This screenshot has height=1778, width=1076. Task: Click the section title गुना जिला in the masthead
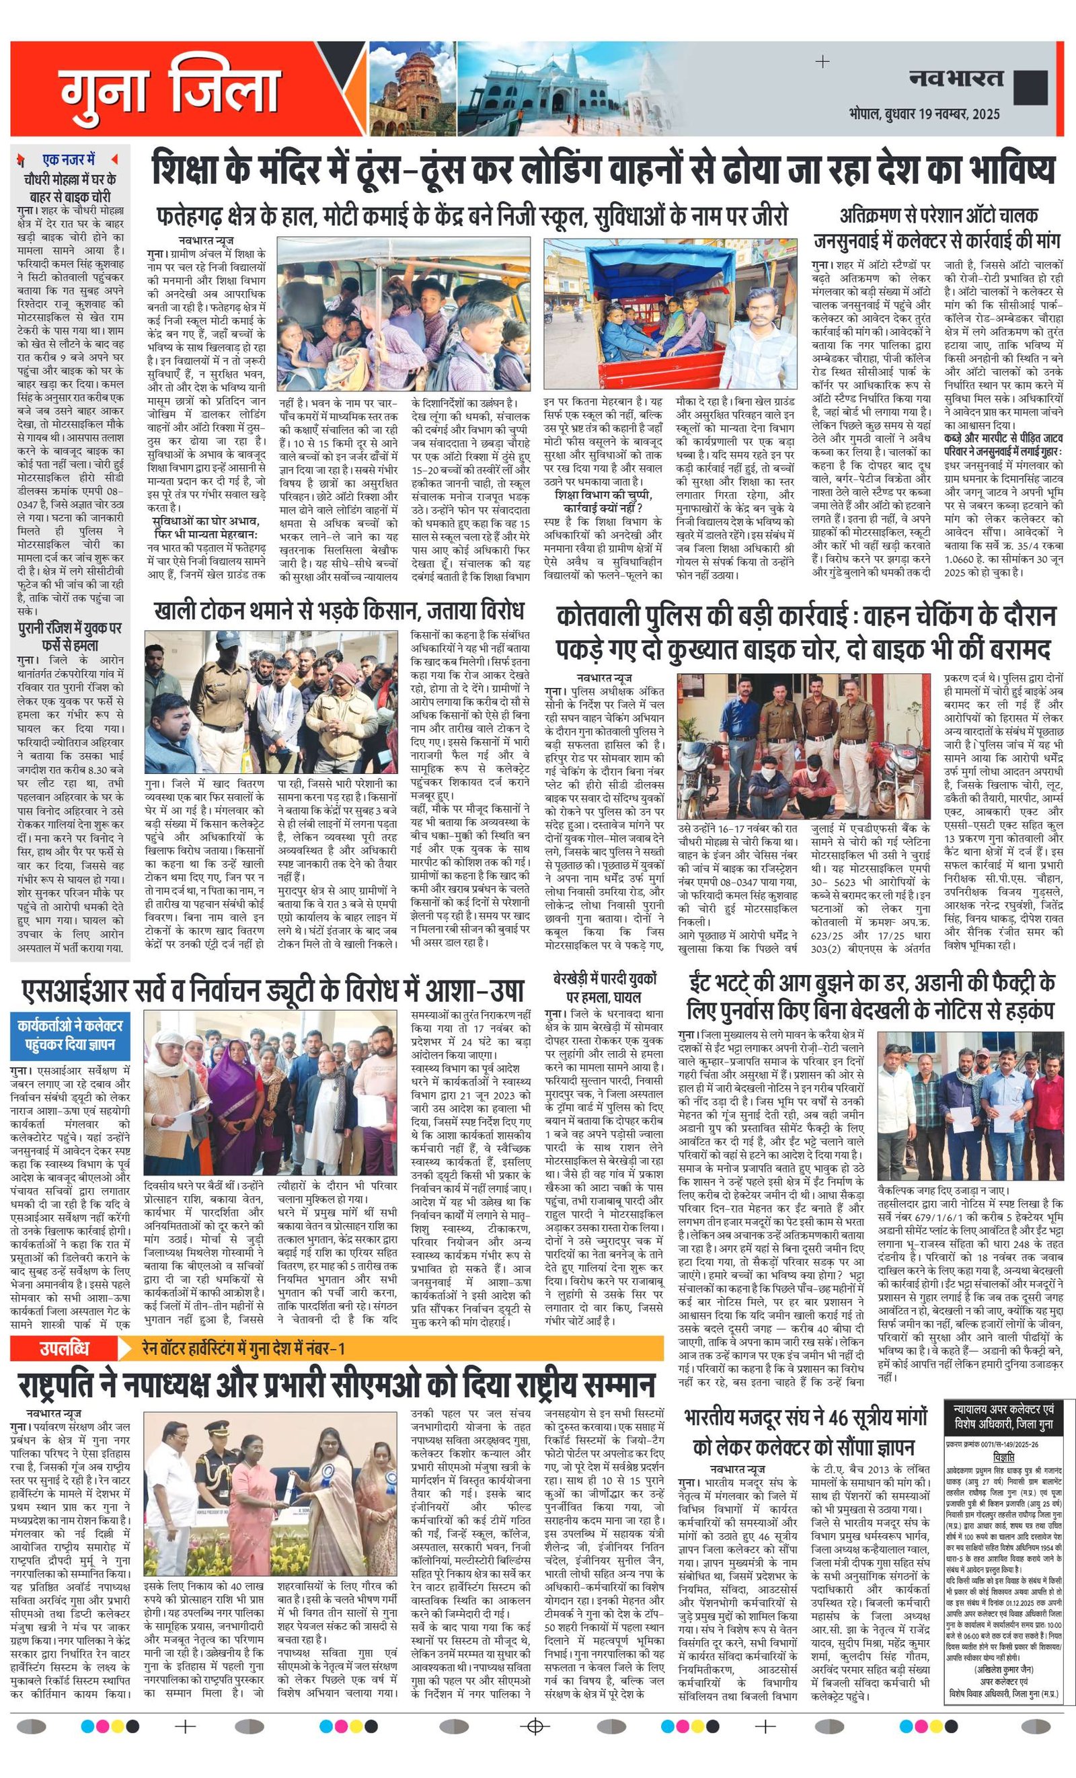[170, 89]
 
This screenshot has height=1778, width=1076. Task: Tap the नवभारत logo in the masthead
[956, 78]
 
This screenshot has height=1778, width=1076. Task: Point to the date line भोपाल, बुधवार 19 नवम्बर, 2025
[925, 114]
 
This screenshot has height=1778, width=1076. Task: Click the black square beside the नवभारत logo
[1030, 87]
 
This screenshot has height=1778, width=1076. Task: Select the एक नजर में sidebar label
[69, 159]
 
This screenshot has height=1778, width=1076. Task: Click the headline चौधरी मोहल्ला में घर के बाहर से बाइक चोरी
[69, 187]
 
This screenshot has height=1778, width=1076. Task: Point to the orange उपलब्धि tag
[65, 1347]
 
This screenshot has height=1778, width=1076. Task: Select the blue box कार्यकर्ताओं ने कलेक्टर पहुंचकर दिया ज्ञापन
[70, 1035]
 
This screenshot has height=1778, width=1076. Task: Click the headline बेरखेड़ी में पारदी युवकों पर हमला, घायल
[605, 988]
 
